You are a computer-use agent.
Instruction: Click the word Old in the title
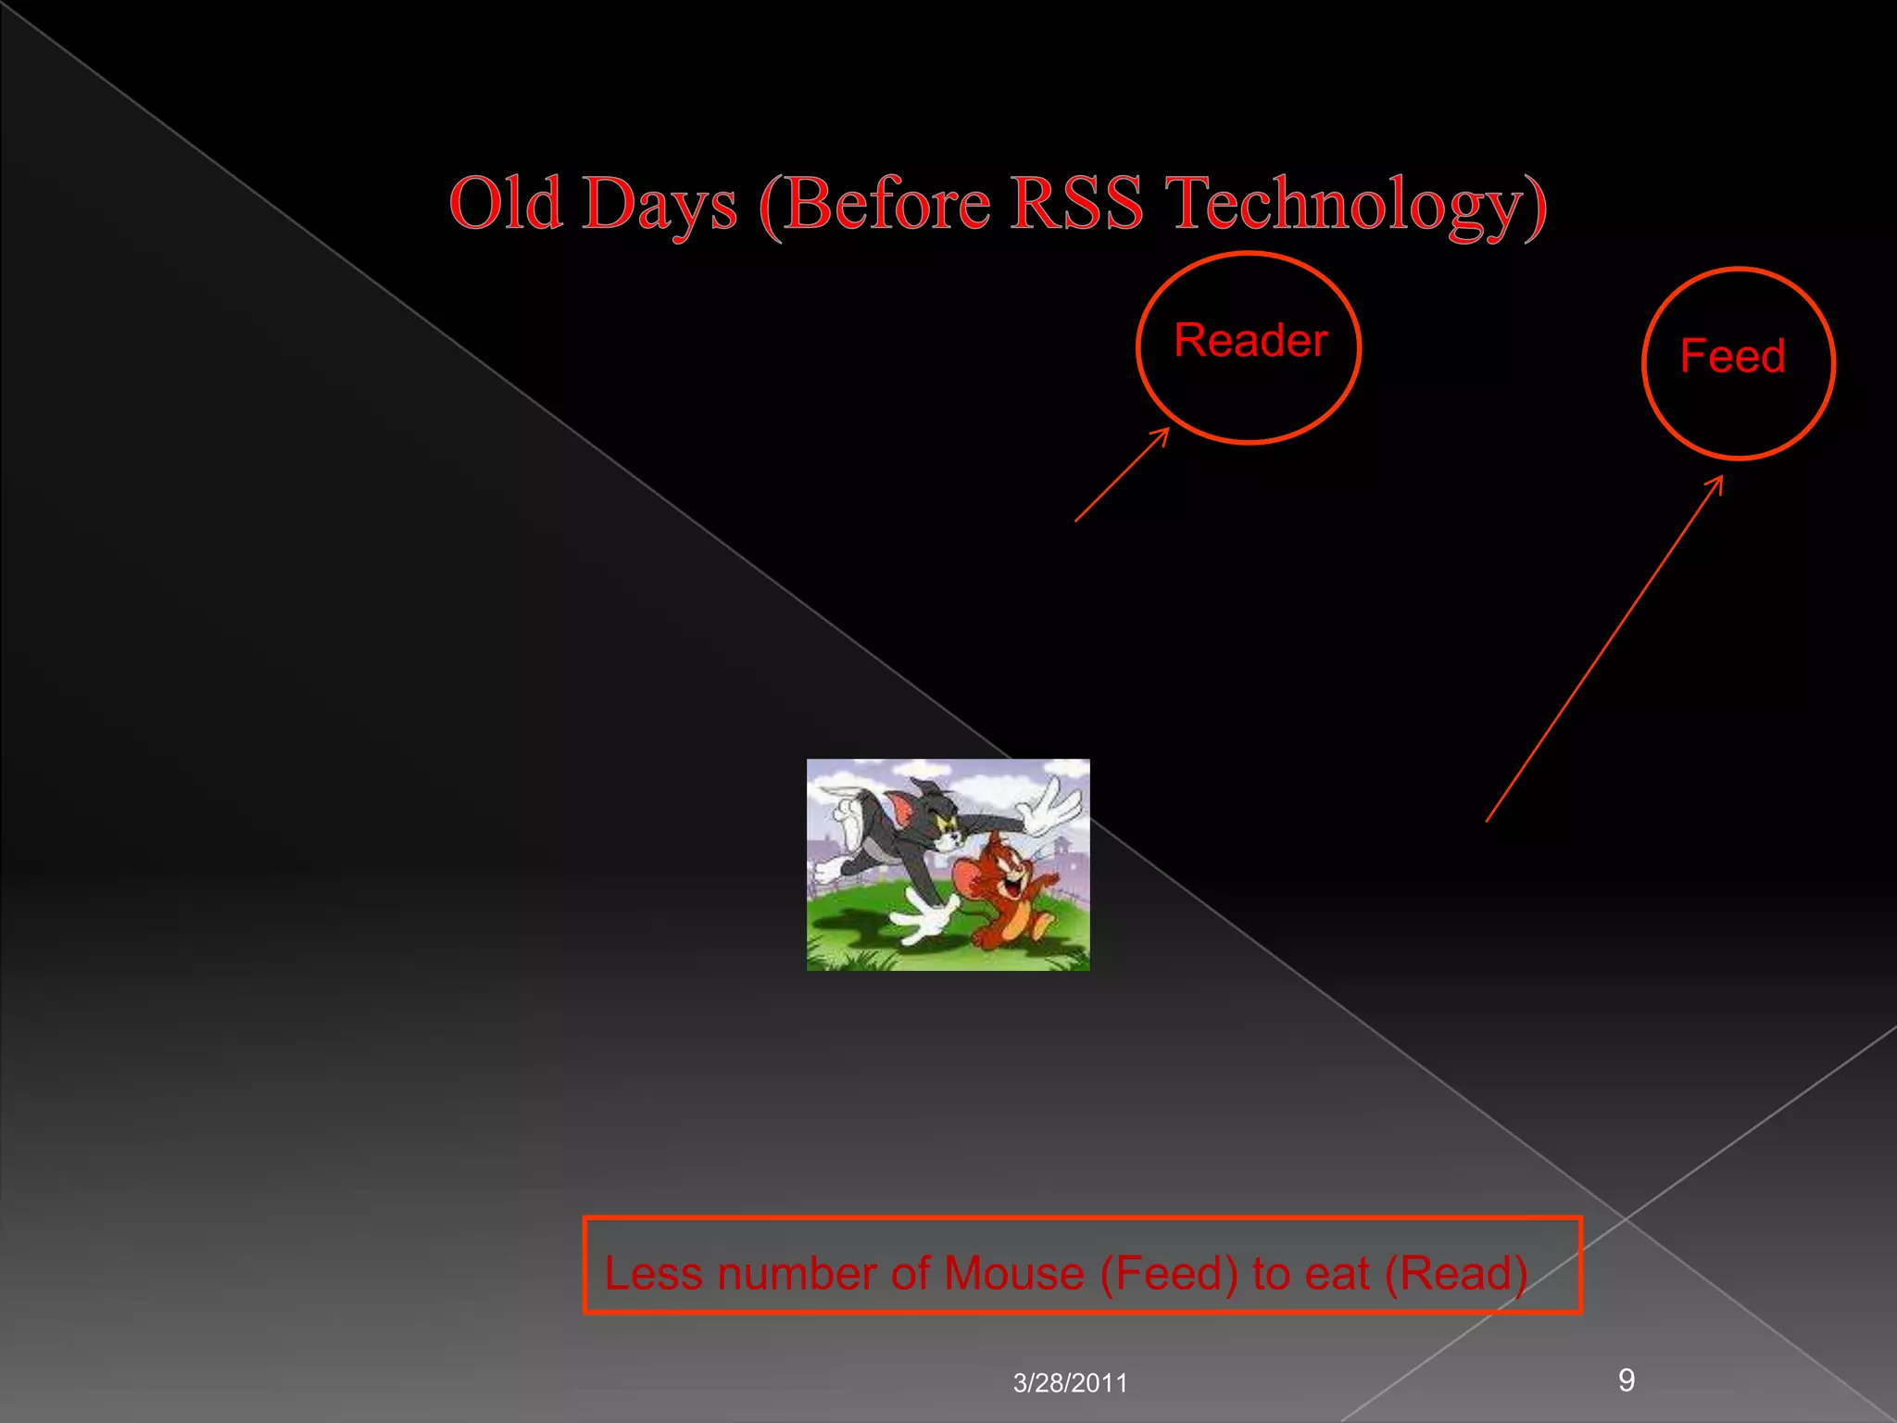click(505, 204)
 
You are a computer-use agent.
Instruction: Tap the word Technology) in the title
click(1355, 206)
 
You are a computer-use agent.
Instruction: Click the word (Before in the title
click(874, 204)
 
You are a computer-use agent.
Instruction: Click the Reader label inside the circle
click(1250, 340)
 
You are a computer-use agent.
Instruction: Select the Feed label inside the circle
click(1732, 357)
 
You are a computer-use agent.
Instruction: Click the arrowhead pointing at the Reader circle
click(1162, 434)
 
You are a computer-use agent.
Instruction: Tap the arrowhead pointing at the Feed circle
click(1716, 484)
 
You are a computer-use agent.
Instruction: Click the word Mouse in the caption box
click(1013, 1273)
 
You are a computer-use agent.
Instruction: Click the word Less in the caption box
click(654, 1273)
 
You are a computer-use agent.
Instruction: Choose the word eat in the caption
click(1337, 1273)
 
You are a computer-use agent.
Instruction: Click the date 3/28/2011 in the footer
click(1070, 1383)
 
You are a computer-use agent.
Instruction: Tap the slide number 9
click(1626, 1380)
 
